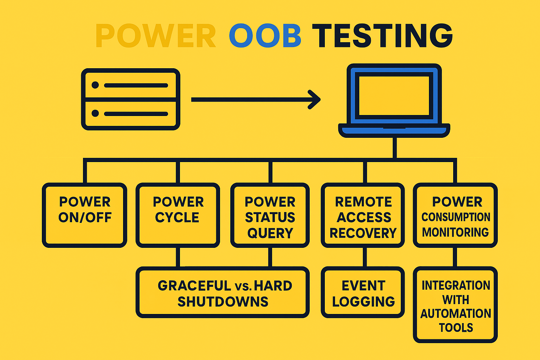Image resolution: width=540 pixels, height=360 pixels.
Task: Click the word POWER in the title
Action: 155,36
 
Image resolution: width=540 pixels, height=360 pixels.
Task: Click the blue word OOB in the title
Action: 265,36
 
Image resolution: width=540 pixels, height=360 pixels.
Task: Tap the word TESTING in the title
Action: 382,36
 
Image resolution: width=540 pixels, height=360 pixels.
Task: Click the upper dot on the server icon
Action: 95,85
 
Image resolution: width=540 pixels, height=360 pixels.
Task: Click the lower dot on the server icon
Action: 95,113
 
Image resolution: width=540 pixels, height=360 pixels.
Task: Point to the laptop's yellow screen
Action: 394,96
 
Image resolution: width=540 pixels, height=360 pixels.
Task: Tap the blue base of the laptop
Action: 394,131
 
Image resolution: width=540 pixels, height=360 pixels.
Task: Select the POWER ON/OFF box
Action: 85,215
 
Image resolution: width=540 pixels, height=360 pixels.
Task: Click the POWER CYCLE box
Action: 178,215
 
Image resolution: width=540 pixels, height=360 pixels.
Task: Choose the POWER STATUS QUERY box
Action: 270,215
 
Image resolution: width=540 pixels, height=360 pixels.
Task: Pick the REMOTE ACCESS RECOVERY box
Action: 363,215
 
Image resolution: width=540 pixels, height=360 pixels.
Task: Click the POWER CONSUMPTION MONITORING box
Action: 455,215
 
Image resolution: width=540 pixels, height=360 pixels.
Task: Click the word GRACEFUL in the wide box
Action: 194,285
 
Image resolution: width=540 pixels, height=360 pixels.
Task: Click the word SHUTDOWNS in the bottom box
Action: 223,302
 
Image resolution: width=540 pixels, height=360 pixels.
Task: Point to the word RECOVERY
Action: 363,233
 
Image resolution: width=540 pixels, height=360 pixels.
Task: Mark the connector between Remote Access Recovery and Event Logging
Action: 365,257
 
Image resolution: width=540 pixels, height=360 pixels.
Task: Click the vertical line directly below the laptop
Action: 394,148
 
